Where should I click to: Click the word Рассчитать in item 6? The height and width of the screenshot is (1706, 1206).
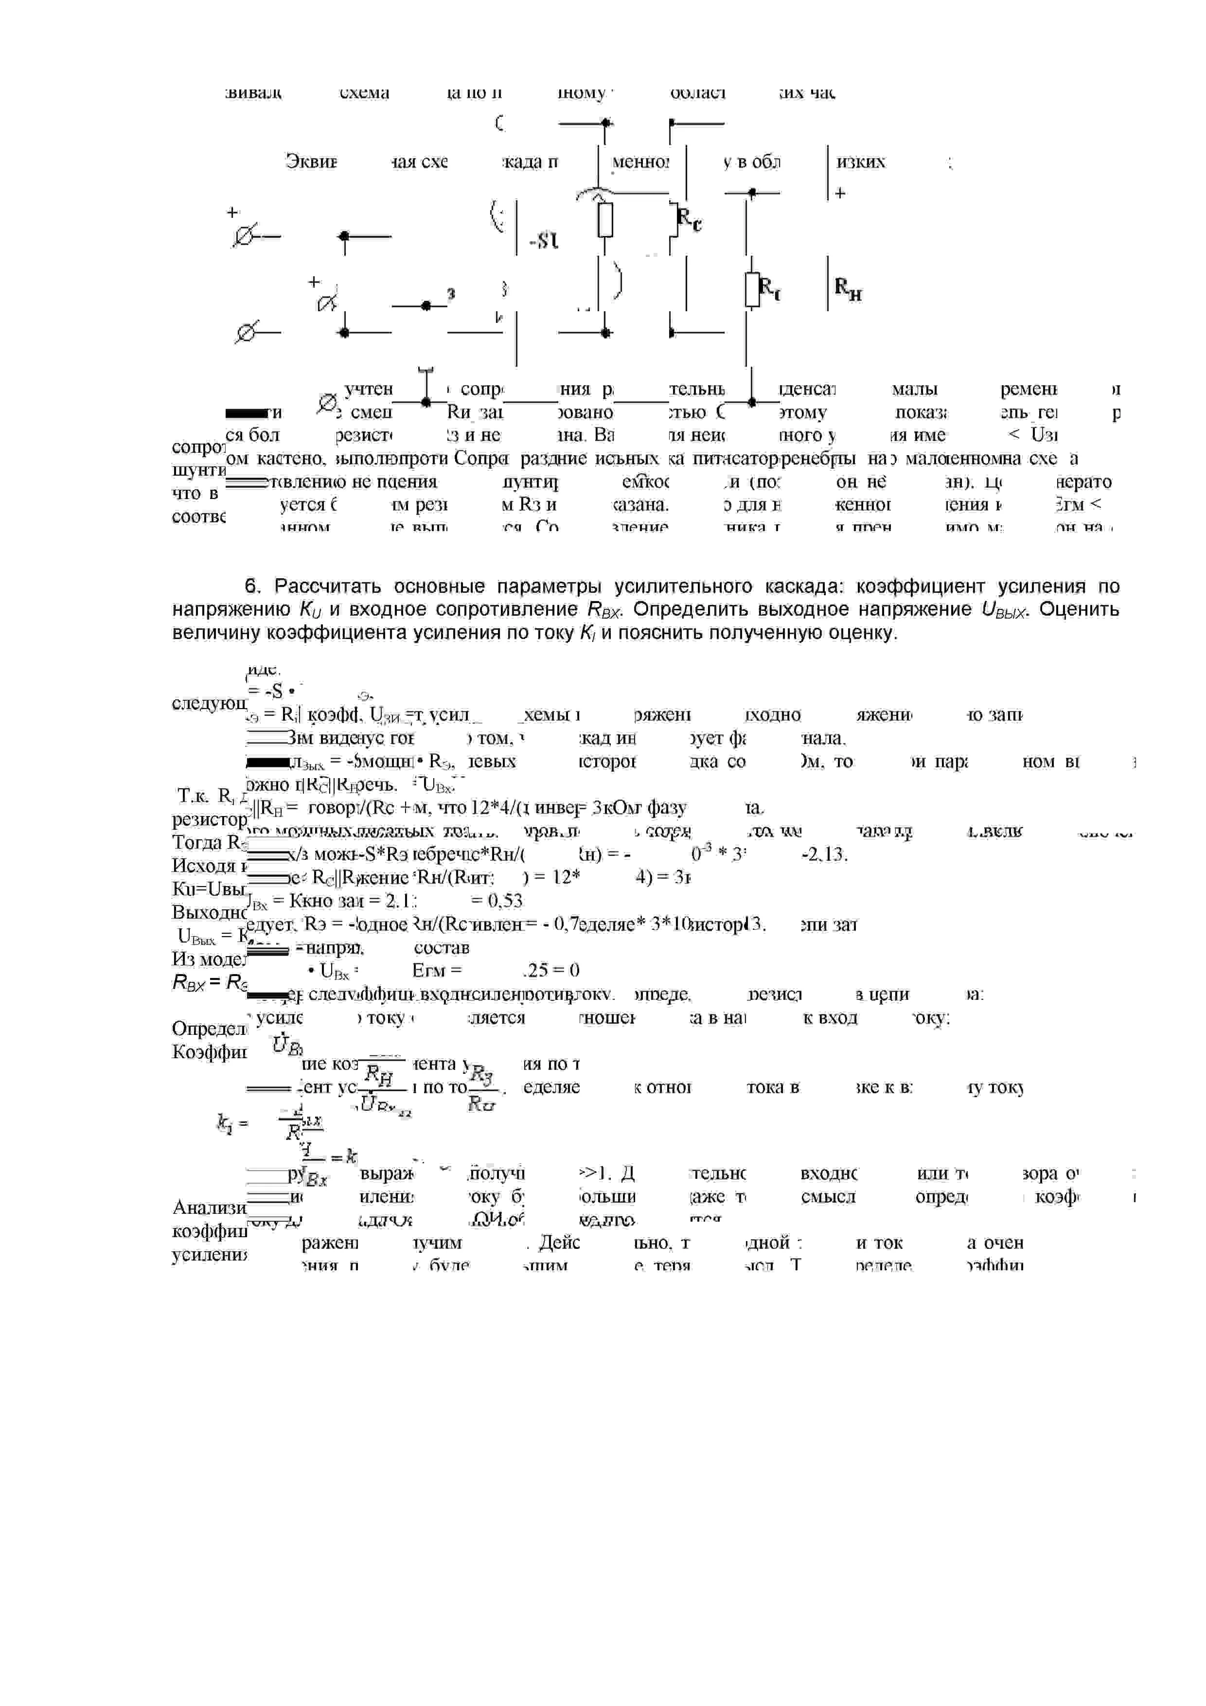(325, 587)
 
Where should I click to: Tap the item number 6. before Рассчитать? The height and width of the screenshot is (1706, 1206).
(253, 587)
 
